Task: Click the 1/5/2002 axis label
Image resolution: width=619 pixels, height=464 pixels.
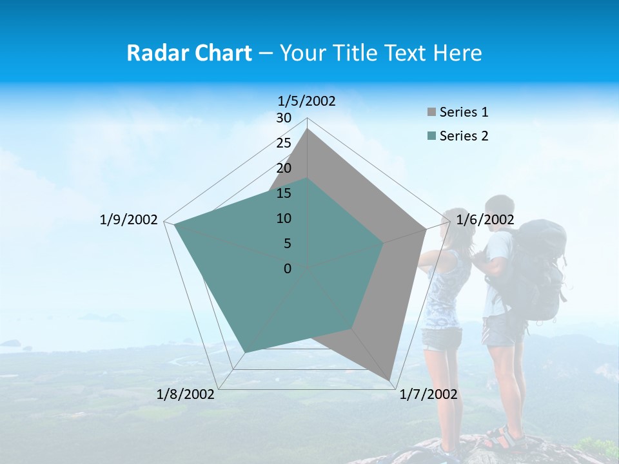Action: pos(307,101)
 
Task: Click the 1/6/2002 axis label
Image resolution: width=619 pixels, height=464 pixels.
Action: pos(485,220)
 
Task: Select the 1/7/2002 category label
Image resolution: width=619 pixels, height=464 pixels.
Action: pos(428,394)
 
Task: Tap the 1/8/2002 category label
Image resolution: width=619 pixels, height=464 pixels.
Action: pos(186,394)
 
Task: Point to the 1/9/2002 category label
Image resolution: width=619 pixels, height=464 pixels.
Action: pos(129,220)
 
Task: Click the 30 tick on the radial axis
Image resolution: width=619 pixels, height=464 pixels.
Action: pos(284,118)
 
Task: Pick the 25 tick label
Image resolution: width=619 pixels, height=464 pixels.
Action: pos(284,143)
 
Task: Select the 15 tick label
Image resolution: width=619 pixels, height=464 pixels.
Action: pos(284,193)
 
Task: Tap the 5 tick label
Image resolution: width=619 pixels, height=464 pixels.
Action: pos(287,244)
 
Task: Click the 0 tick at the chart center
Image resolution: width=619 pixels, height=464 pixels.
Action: pos(288,269)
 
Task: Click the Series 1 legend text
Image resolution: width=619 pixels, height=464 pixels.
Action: pos(464,112)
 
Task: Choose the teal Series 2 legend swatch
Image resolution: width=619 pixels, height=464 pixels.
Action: pos(431,136)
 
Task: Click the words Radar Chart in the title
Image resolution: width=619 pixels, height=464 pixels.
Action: pos(189,53)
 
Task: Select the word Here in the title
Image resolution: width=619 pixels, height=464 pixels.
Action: pos(457,53)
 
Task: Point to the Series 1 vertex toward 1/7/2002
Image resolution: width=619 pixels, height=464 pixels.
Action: pos(389,379)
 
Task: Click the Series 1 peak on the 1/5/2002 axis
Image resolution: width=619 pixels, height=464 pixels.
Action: pos(308,130)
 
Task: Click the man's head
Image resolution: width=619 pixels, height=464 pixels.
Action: pos(500,209)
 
